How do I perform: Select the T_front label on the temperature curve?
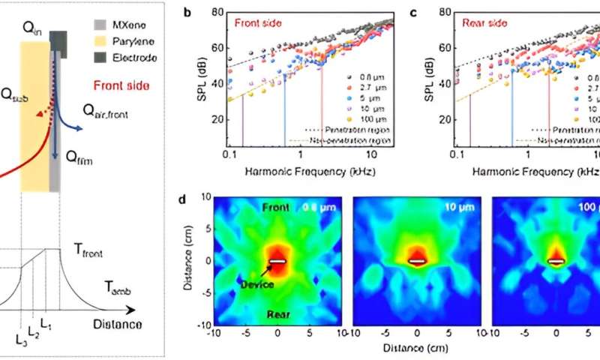click(91, 254)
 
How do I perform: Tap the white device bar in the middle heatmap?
click(416, 262)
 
